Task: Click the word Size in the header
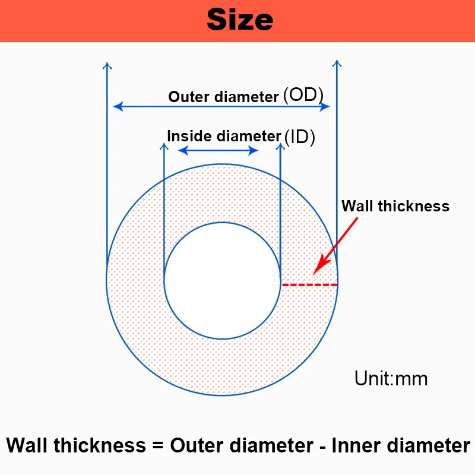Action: tap(240, 20)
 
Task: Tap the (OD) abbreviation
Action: tap(303, 95)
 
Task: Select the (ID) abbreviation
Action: tap(299, 137)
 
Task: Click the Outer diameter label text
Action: tap(224, 97)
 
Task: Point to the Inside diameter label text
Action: tap(223, 136)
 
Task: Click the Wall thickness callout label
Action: tap(395, 206)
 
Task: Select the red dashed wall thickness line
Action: tap(309, 285)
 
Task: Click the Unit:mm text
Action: tap(391, 378)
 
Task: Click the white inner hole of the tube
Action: tap(222, 280)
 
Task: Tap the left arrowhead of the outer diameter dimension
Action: tap(118, 107)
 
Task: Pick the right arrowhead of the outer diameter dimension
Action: tap(325, 107)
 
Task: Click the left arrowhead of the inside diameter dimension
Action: tap(182, 150)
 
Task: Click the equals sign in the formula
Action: tap(156, 445)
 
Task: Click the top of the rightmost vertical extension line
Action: tap(336, 62)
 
